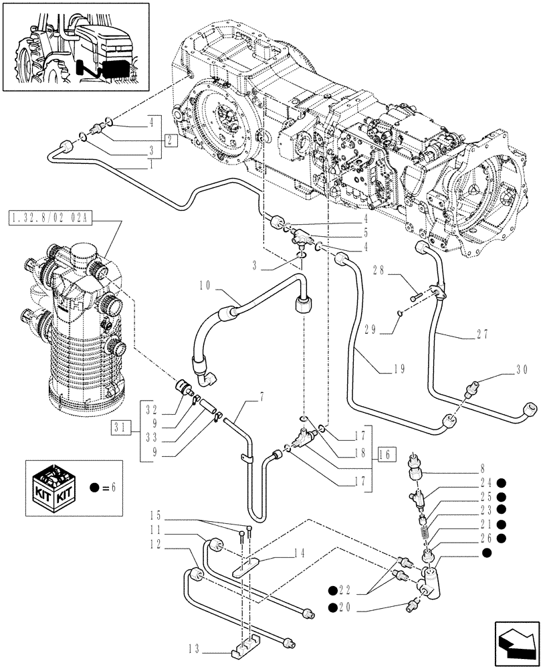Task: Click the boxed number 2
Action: (x=170, y=140)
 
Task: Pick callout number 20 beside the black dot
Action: (x=346, y=607)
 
